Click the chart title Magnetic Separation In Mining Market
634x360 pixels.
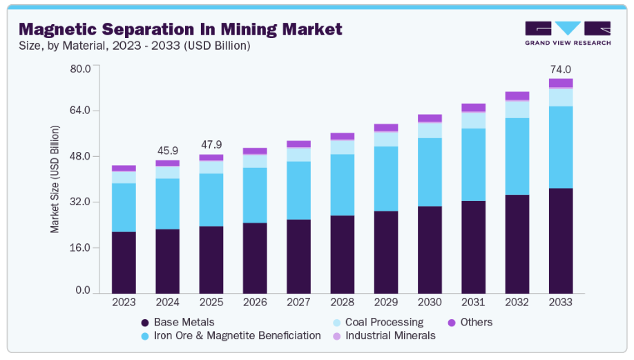point(180,29)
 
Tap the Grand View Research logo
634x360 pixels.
point(568,34)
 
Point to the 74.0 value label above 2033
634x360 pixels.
point(560,70)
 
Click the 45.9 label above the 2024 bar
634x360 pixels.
point(167,150)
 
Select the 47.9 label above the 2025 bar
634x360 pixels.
point(211,144)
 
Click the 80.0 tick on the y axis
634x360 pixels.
point(81,68)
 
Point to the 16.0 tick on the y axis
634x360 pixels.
point(81,247)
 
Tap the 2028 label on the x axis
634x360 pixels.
point(342,303)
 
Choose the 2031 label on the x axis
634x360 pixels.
point(473,303)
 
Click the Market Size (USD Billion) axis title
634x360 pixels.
point(55,179)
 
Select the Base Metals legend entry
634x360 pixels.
point(184,322)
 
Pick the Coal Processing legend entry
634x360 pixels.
point(384,322)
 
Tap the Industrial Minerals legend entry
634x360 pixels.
point(390,335)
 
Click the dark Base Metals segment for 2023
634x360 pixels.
point(124,261)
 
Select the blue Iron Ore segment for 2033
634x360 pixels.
point(560,146)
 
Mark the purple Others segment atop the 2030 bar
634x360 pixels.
point(430,118)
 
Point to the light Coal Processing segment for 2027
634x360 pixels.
point(298,154)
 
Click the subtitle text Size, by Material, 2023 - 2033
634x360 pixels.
point(134,46)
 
